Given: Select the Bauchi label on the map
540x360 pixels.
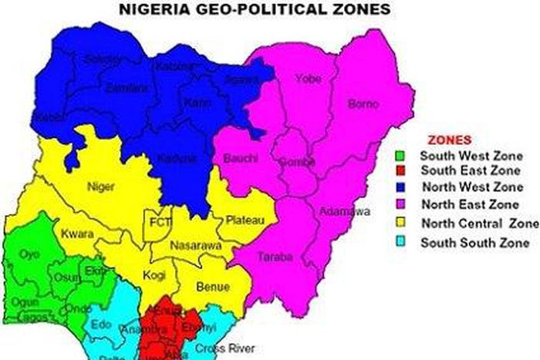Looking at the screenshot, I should (x=238, y=159).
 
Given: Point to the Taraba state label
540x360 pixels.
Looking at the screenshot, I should (x=274, y=256).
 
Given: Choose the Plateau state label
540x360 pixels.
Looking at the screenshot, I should (x=241, y=220).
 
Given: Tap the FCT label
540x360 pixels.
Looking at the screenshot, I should (x=160, y=223).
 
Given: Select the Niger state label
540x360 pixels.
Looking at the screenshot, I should (x=103, y=186).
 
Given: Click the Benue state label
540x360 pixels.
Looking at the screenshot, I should (x=213, y=288).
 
